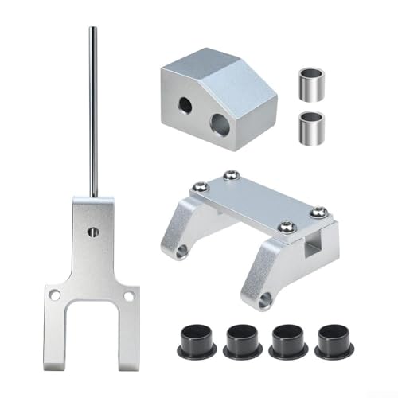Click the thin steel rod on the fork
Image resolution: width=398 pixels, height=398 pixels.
(93, 111)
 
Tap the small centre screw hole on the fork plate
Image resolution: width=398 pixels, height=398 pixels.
(93, 232)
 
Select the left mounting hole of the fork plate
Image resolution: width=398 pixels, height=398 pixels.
(55, 295)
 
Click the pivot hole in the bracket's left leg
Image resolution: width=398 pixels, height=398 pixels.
(181, 252)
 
